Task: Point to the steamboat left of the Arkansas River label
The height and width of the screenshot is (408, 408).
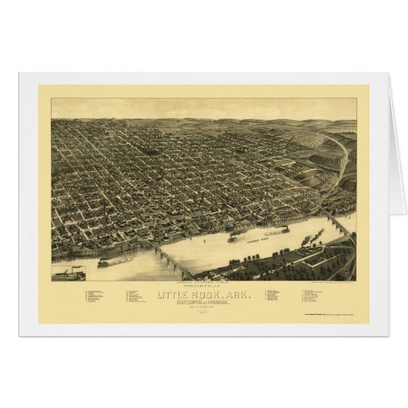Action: pos(234,238)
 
